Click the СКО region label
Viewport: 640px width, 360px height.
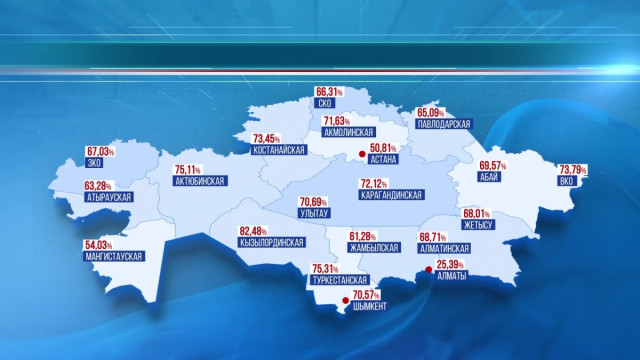pyautogui.click(x=324, y=102)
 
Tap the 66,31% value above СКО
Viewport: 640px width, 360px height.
pyautogui.click(x=329, y=90)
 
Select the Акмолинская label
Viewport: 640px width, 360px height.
pyautogui.click(x=349, y=132)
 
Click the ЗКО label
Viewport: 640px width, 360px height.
pyautogui.click(x=97, y=163)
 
